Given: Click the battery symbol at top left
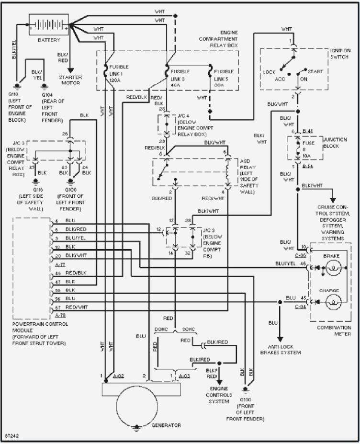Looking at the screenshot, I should click(49, 24).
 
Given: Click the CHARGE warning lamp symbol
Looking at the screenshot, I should click(334, 302).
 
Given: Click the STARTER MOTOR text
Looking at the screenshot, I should click(70, 80).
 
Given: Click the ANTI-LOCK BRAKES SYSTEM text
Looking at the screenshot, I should click(280, 349).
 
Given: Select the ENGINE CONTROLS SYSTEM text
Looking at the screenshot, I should click(219, 395).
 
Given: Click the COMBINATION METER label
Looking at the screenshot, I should click(334, 330).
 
